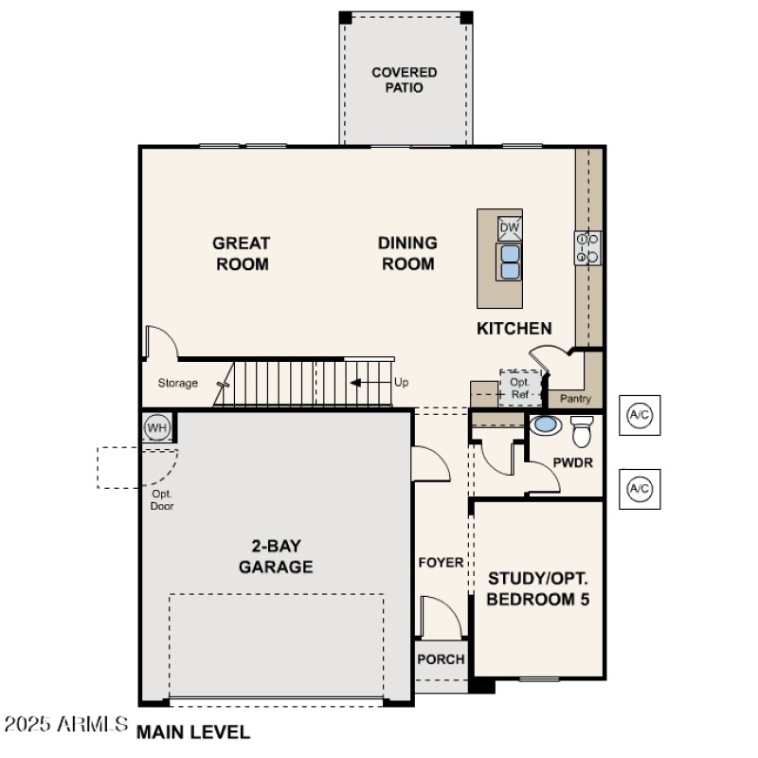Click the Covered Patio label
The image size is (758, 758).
coord(404,80)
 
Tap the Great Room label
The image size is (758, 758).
coord(242,254)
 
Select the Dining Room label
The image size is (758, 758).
coord(407,254)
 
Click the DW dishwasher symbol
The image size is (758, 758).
coord(510,228)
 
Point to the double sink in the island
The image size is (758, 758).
coord(510,261)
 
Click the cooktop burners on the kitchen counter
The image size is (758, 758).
coord(587,248)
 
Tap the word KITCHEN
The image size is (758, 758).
coord(514,329)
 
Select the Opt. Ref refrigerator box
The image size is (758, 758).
coord(520,388)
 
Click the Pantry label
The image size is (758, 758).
coord(575,399)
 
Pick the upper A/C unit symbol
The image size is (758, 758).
coord(640,415)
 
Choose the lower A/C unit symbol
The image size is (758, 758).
coord(640,489)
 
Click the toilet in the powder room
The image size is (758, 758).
coord(581,430)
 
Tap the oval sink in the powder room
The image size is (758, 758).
coord(545,424)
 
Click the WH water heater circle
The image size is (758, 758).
coord(156,427)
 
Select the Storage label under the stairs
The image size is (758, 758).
coord(178,384)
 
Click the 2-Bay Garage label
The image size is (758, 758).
coord(275,556)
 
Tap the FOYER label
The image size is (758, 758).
coord(441,563)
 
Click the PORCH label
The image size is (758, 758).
coord(441,659)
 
